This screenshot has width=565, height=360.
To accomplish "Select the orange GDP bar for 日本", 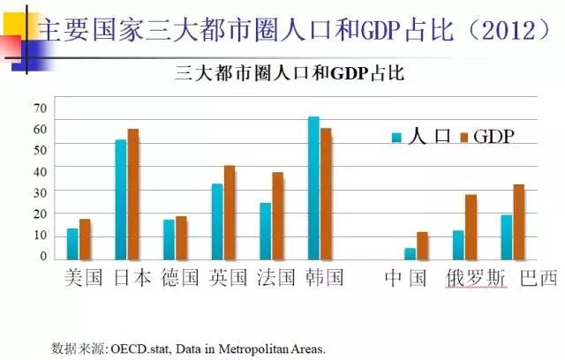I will [x=133, y=195].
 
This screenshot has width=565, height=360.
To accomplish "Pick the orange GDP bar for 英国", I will [x=230, y=213].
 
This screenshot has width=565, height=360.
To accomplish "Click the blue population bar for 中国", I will [x=410, y=254].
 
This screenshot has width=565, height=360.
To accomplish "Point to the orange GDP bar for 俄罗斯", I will [x=471, y=228].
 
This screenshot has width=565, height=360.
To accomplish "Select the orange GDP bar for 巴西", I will [x=519, y=222].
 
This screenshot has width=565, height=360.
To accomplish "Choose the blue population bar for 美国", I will [x=72, y=244].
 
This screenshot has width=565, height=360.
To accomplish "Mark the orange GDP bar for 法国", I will [x=277, y=216].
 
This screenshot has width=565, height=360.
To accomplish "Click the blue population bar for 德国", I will [x=169, y=240].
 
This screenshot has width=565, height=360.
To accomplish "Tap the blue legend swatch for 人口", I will [x=397, y=137].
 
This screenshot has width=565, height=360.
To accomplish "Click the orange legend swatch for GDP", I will [x=464, y=137].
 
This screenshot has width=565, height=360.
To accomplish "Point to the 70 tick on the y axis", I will [x=40, y=109].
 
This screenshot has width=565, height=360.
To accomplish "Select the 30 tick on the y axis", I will [x=40, y=191].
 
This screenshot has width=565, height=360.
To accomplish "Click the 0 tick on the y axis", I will [x=42, y=257].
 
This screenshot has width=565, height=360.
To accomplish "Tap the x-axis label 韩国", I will [x=324, y=279].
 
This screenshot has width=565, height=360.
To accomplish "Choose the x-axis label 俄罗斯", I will [x=477, y=279].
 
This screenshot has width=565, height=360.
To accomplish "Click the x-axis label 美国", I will [x=85, y=279].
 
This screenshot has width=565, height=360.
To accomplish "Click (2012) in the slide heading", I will [x=498, y=29].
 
